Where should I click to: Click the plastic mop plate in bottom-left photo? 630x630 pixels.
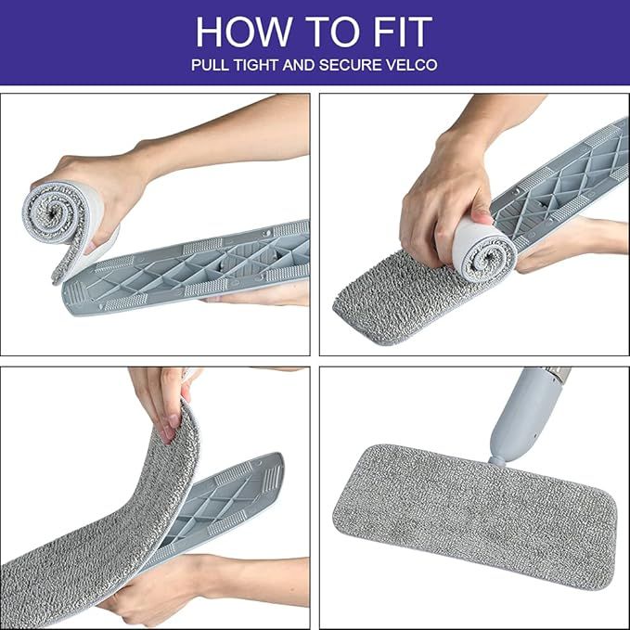[223, 506]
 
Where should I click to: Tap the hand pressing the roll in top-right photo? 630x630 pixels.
[441, 199]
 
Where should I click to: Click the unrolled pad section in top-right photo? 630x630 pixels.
[390, 292]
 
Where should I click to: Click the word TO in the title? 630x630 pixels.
[320, 32]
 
